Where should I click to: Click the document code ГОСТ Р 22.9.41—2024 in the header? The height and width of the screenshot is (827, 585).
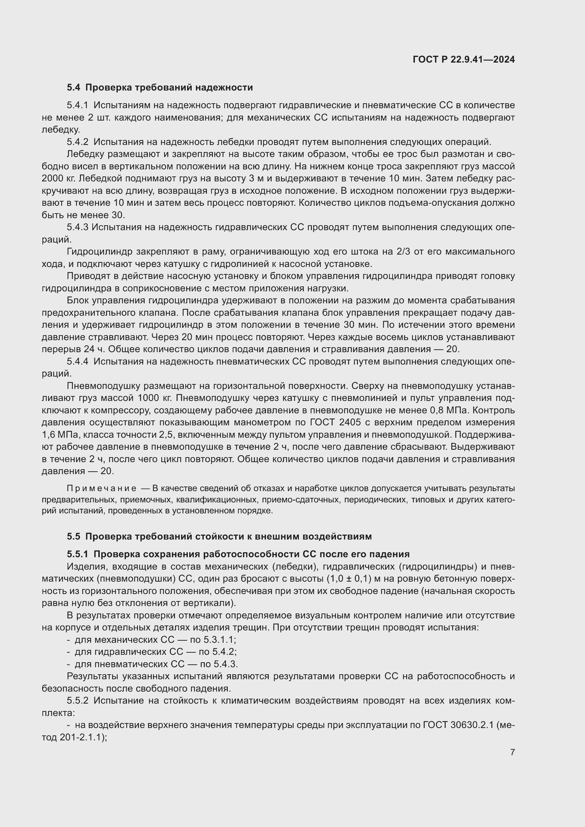pos(464,60)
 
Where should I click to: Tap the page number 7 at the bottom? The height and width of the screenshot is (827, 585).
pos(512,752)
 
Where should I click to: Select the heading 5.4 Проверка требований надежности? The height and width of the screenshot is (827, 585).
pos(160,88)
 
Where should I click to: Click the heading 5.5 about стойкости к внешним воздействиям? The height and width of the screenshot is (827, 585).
pos(219,536)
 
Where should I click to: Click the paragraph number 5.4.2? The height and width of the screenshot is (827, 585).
pos(77,142)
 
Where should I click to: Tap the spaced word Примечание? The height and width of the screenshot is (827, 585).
pos(102,489)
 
